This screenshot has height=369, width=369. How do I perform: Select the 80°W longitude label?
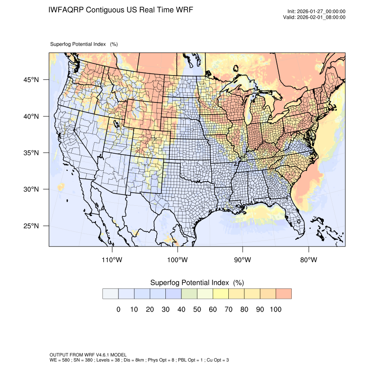pyautogui.click(x=309, y=260)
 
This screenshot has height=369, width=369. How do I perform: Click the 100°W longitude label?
pyautogui.click(x=178, y=260)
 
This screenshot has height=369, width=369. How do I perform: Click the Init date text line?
pyautogui.click(x=316, y=11)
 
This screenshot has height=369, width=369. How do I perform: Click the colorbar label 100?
pyautogui.click(x=275, y=310)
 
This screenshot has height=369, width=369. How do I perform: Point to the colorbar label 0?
pyautogui.click(x=119, y=310)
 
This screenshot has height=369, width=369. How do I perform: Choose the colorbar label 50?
pyautogui.click(x=197, y=310)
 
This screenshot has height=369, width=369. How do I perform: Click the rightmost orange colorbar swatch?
pyautogui.click(x=283, y=294)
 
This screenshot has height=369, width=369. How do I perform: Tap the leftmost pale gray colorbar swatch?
pyautogui.click(x=110, y=294)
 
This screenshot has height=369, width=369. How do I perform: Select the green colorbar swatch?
pyautogui.click(x=189, y=294)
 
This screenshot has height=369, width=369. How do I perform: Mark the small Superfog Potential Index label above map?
pyautogui.click(x=79, y=44)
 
